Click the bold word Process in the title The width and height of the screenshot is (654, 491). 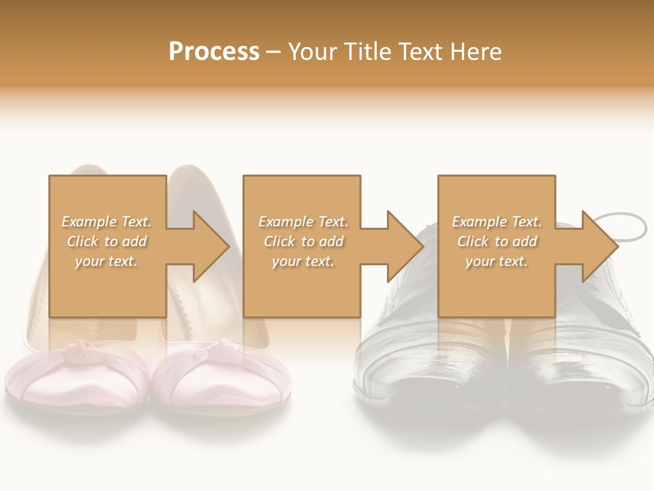coord(214,52)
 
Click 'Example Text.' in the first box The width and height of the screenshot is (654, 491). coord(107,222)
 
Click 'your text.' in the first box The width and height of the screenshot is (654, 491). coord(107,261)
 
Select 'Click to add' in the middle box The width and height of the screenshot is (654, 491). coord(303,241)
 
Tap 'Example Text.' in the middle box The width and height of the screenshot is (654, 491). coord(303,222)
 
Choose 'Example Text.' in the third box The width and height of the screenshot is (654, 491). coord(497,222)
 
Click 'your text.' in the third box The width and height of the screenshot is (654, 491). coord(497,261)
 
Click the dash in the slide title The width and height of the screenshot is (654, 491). coord(274,52)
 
